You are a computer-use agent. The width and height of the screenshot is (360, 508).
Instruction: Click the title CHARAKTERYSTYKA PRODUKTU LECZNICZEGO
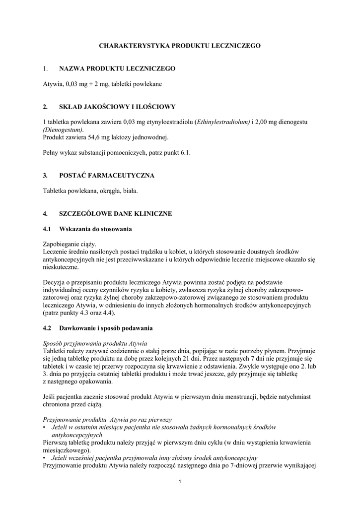[x=180, y=45]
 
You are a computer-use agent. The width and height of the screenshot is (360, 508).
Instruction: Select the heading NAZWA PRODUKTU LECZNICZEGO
[x=117, y=68]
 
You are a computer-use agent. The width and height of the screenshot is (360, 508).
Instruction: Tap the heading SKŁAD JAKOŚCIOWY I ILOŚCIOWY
[x=117, y=106]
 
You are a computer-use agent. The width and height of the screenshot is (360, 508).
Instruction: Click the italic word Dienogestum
[x=63, y=129]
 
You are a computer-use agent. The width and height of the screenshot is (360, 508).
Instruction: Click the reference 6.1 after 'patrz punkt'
[x=185, y=153]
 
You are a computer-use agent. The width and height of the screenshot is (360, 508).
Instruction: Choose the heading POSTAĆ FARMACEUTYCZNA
[x=107, y=175]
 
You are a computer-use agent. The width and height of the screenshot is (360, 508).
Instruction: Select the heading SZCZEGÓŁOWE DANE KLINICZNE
[x=116, y=213]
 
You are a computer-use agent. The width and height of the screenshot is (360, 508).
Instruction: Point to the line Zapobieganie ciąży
[x=70, y=244]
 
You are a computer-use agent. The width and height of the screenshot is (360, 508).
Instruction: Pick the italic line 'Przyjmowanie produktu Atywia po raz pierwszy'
[x=107, y=419]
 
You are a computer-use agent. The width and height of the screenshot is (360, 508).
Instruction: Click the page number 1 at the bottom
[x=180, y=483]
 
